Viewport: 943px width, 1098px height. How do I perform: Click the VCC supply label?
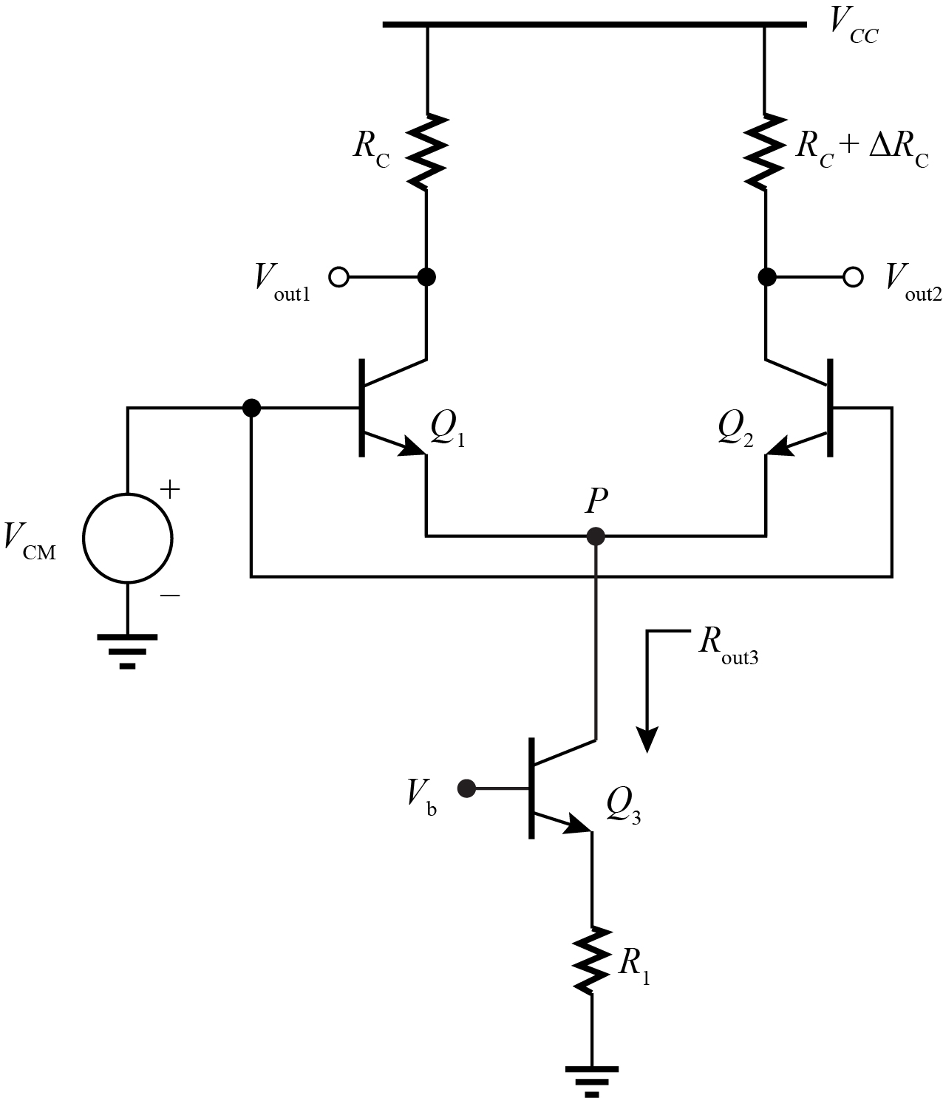click(x=854, y=30)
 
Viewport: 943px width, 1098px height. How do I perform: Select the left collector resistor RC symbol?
click(x=426, y=151)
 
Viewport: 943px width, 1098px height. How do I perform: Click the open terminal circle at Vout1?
click(x=338, y=277)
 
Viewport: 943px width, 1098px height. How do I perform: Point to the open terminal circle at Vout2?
click(x=853, y=277)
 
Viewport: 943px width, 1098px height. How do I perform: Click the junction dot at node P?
click(x=596, y=536)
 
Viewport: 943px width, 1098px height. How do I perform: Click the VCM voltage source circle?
click(x=128, y=538)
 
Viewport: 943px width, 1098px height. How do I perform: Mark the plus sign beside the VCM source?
click(x=170, y=490)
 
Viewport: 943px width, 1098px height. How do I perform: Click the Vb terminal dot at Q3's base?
click(x=466, y=789)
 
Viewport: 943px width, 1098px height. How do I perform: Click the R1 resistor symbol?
click(x=592, y=960)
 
